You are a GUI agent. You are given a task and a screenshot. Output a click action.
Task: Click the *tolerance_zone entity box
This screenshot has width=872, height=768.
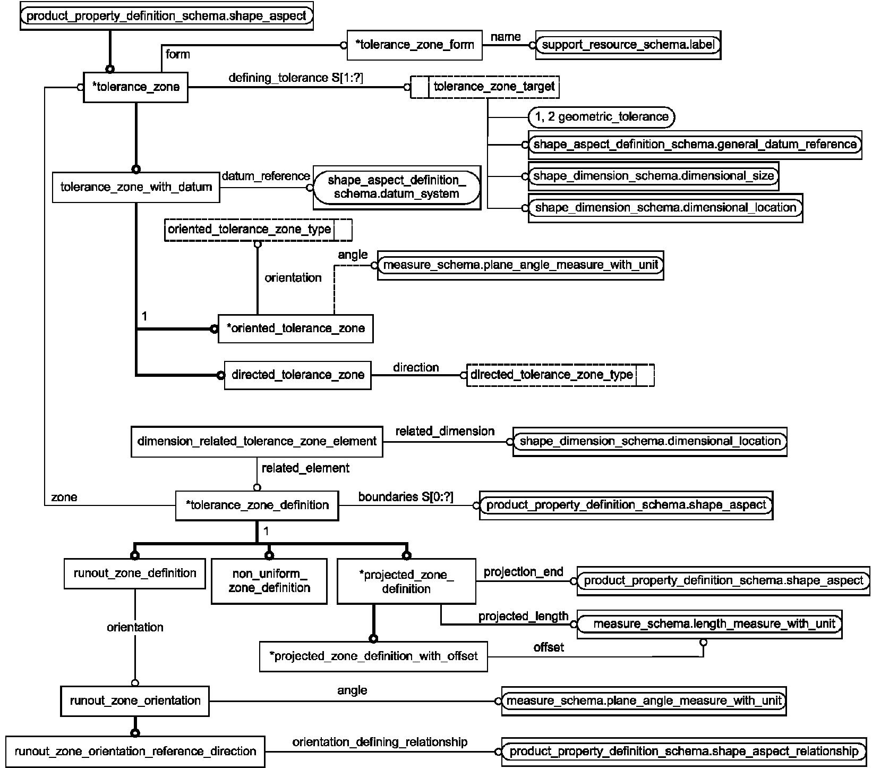[135, 87]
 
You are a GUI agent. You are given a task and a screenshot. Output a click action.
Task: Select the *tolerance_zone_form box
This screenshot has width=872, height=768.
[414, 45]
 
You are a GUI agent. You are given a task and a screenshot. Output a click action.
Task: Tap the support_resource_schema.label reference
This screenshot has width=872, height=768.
[628, 45]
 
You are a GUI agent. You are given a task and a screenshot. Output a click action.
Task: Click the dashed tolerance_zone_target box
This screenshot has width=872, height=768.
[485, 87]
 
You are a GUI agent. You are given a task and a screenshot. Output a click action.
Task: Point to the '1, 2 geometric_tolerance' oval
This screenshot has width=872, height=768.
[602, 117]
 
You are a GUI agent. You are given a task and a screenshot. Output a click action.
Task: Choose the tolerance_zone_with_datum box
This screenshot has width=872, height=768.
[136, 187]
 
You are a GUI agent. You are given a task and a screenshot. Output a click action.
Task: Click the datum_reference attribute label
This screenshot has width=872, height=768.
[266, 176]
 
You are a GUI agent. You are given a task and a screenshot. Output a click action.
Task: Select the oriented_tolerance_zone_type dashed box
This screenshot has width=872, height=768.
[258, 230]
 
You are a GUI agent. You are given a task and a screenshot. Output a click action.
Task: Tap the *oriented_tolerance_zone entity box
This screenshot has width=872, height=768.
[295, 328]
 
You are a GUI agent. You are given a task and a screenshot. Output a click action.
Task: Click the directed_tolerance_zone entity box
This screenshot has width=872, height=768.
[297, 375]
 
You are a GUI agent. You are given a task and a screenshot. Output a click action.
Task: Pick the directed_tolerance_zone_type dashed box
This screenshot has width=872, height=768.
[560, 375]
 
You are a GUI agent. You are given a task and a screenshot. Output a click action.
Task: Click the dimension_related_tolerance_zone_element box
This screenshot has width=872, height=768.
[257, 442]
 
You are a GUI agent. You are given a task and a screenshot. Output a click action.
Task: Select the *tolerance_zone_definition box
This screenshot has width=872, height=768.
[257, 505]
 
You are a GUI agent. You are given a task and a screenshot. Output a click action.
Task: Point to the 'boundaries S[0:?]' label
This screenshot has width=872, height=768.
[406, 497]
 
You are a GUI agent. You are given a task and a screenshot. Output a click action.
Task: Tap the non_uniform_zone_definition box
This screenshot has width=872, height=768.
[269, 581]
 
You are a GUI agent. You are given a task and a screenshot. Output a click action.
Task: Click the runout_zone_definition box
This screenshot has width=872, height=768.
[135, 573]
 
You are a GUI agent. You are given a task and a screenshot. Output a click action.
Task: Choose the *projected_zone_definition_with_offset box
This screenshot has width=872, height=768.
[373, 656]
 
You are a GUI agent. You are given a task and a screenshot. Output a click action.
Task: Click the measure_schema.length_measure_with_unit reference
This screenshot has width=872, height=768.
[709, 624]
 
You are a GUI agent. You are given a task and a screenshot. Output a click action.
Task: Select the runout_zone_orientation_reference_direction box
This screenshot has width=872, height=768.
[135, 752]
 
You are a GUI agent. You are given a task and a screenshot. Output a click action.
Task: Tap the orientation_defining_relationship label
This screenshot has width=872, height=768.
[380, 742]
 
